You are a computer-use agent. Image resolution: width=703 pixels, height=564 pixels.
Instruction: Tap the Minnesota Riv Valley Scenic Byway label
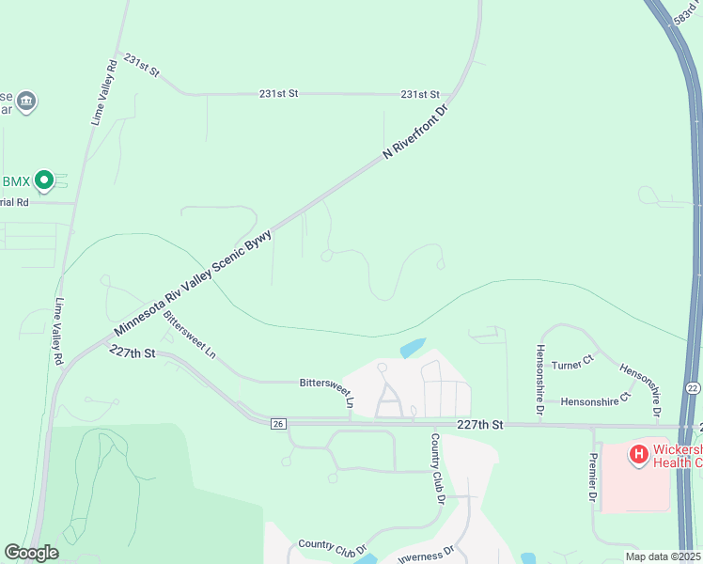(194, 281)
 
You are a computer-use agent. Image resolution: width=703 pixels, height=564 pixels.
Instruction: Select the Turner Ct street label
(573, 363)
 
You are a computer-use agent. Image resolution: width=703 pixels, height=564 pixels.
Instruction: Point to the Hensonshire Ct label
(593, 401)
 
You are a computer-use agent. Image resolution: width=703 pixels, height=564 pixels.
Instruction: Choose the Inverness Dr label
(427, 554)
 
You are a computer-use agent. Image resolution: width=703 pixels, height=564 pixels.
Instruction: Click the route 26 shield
(276, 424)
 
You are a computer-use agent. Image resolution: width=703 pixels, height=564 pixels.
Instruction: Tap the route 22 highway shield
(692, 387)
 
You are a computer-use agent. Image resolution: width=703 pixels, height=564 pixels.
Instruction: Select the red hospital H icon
(639, 455)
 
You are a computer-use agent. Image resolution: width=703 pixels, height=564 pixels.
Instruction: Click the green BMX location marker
(43, 180)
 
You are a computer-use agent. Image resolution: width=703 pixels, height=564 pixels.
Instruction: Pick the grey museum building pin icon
(26, 101)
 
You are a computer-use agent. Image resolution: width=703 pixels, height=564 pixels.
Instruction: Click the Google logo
(30, 553)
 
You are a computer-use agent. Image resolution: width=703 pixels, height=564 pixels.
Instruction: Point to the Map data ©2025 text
(663, 556)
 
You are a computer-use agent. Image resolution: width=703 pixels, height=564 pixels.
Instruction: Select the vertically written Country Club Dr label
(437, 468)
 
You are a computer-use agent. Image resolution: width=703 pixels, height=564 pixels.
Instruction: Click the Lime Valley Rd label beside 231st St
(103, 92)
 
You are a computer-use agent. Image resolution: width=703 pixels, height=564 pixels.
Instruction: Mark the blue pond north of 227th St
(413, 348)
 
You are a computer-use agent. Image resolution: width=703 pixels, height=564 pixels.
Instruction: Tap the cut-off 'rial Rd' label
(15, 202)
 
